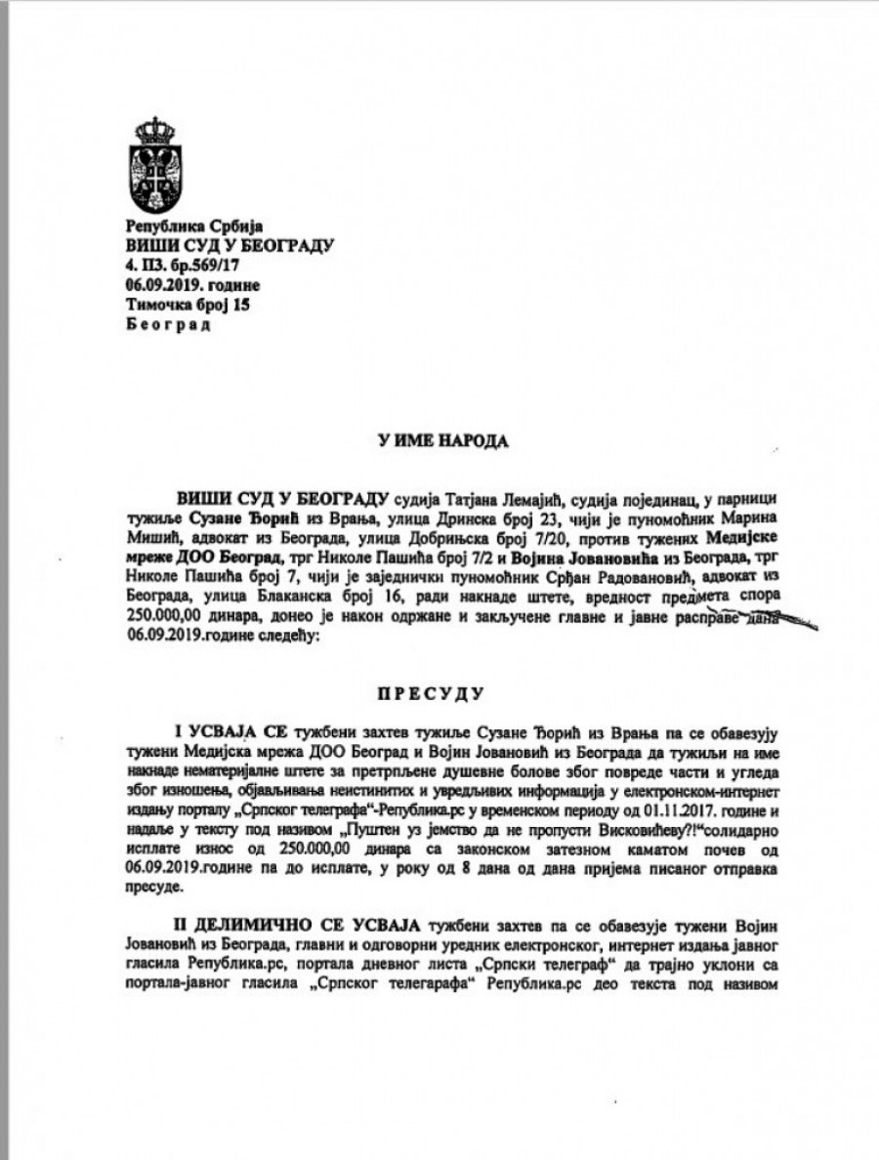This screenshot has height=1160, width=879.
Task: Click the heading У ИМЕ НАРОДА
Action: click(444, 441)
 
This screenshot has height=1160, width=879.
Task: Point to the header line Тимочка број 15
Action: click(183, 305)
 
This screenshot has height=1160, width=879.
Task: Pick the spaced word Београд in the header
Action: click(168, 324)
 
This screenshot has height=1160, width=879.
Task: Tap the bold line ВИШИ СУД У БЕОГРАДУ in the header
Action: click(230, 245)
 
